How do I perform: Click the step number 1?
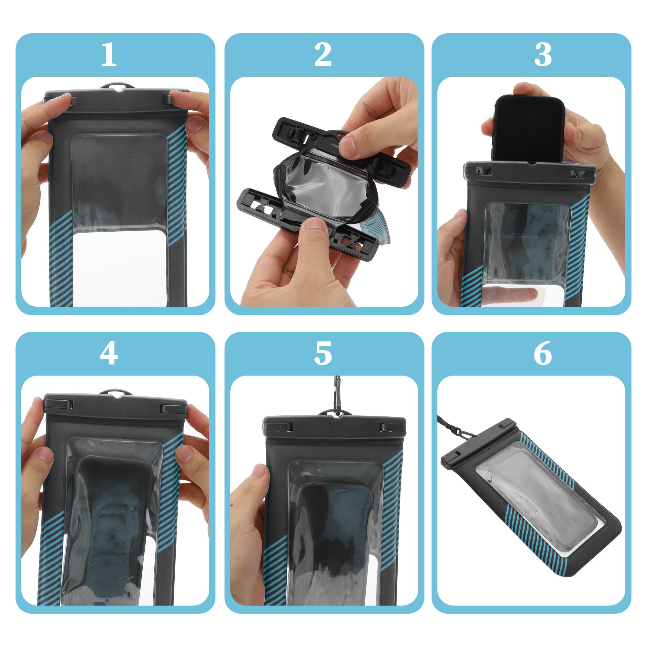108,55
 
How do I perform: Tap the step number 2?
323,55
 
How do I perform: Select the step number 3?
543,55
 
